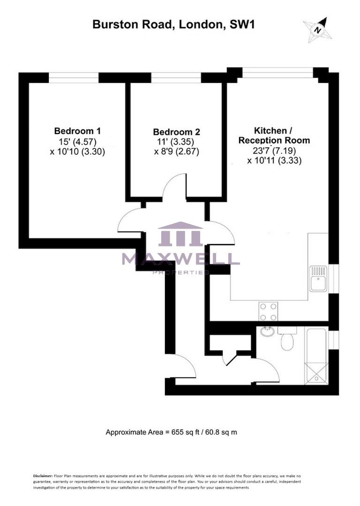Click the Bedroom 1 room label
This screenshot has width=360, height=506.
77,131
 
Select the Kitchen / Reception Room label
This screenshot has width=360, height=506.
274,135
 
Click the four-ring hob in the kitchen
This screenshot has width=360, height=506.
268,312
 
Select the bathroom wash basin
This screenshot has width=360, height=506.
268,332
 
